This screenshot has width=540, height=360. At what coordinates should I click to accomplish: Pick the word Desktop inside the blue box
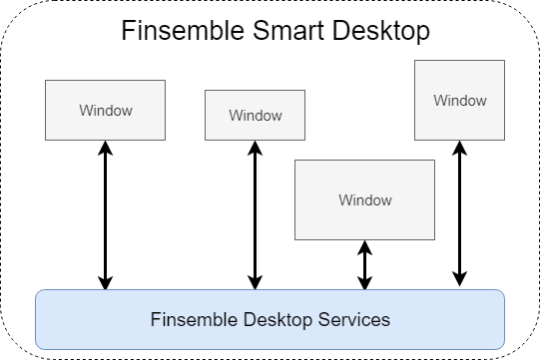coord(273,320)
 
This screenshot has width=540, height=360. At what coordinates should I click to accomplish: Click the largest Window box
coord(365,199)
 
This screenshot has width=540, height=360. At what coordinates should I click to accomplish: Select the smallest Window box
coord(256,115)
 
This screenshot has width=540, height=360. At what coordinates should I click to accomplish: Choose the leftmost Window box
coord(105,110)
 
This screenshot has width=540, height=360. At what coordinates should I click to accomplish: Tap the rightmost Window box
coord(459,100)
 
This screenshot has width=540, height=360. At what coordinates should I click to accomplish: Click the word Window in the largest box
coord(365,199)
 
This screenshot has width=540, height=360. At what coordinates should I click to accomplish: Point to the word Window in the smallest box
coord(256,115)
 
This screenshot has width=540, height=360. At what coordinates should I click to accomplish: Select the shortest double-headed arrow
coord(365,265)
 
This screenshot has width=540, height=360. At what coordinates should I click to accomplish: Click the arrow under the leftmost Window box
coord(105,214)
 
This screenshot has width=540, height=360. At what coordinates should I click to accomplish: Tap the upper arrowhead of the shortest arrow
coord(365,247)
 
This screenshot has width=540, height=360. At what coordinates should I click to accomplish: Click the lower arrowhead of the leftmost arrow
coord(105,282)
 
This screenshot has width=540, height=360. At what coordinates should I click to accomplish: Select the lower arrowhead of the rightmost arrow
coord(459,282)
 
